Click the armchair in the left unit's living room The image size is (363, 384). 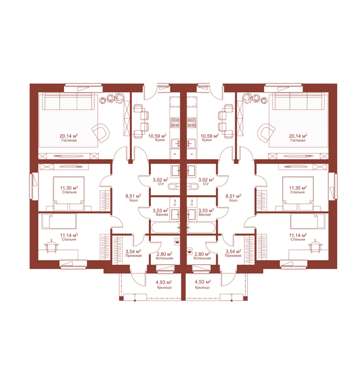101,133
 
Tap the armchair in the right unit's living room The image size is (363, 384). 266,133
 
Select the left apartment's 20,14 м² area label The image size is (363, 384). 69,136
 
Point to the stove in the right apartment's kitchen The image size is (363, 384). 191,122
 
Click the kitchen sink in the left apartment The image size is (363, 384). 175,144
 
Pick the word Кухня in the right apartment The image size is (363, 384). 207,140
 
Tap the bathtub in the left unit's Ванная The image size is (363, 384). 166,227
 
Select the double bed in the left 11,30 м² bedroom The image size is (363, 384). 69,194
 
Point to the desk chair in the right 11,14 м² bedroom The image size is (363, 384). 314,246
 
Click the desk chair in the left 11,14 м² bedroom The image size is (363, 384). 52,246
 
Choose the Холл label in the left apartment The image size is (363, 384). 133,200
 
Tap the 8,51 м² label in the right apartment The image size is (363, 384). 233,196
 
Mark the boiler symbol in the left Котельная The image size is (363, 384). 177,241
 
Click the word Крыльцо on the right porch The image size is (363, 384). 202,288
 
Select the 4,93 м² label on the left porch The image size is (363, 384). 164,282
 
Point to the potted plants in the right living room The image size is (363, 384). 255,98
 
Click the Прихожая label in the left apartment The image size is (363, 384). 133,255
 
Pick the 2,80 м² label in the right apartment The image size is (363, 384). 202,254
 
